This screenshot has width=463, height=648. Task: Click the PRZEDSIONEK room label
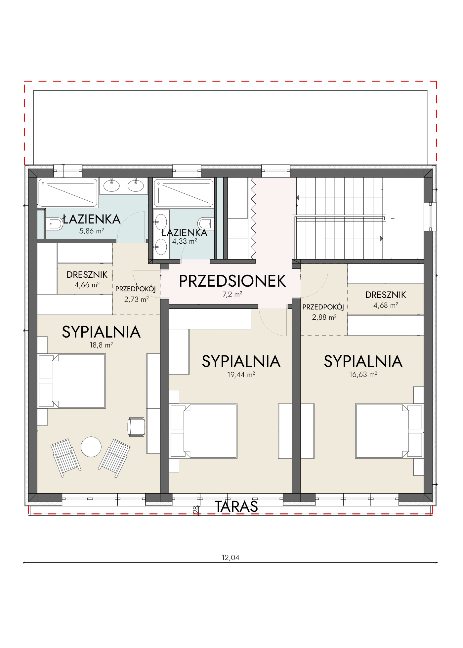tap(232, 281)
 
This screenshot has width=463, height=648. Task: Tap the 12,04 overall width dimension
tap(231, 557)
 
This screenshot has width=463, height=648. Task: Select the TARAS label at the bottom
tap(236, 506)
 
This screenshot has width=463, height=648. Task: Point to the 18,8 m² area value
tap(101, 345)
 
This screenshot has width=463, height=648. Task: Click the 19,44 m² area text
tap(241, 375)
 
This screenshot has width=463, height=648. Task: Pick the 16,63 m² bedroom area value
tap(363, 374)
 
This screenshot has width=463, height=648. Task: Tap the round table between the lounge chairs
tap(91, 447)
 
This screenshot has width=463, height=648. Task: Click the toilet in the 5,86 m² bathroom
tap(55, 224)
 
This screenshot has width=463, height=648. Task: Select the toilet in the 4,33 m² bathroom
tap(206, 224)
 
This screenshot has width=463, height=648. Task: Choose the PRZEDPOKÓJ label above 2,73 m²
tap(135, 289)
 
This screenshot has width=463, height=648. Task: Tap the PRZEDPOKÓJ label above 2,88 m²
tap(323, 307)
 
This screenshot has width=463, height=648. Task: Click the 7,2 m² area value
tap(232, 294)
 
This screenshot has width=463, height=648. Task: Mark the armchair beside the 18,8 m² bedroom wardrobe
tap(137, 427)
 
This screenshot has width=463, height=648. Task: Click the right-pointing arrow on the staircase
tap(381, 239)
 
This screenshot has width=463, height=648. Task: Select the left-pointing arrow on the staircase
tap(298, 198)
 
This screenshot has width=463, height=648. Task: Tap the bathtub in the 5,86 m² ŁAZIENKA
tap(68, 193)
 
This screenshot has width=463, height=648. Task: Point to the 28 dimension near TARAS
tap(196, 509)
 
